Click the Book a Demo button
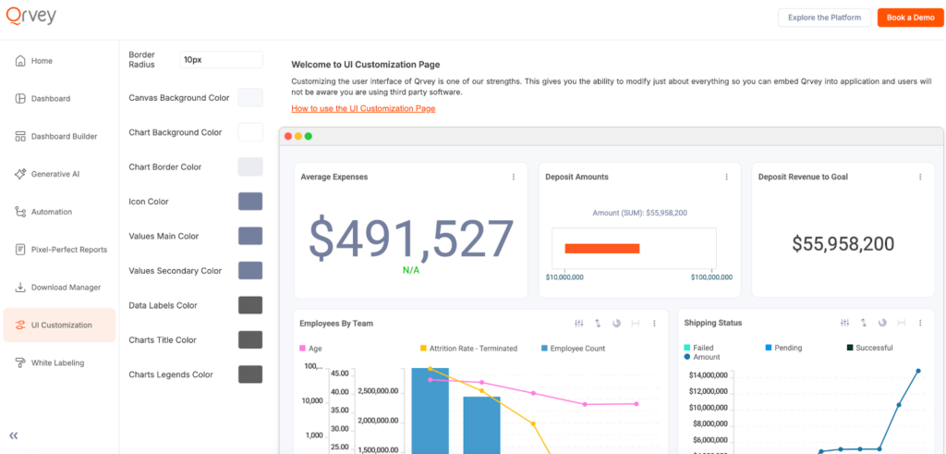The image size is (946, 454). point(910,18)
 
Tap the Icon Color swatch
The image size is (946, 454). point(250,202)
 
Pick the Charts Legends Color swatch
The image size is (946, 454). point(250,374)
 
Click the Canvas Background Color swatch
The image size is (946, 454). point(250,98)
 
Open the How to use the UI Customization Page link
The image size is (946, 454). point(363,108)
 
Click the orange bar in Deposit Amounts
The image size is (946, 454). point(602,248)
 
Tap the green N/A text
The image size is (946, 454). point(412,270)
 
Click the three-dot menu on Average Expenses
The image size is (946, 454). point(514,177)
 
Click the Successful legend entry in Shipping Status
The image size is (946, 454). point(873,348)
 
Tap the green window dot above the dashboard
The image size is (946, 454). point(309,136)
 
